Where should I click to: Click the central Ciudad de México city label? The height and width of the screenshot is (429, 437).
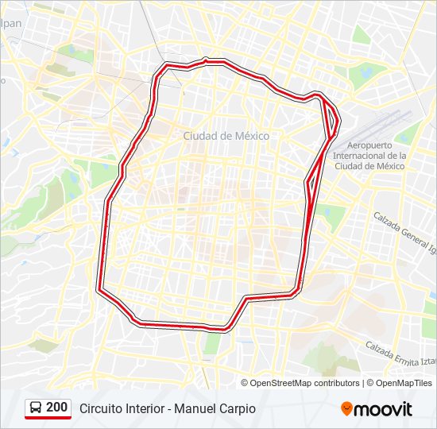[226, 136]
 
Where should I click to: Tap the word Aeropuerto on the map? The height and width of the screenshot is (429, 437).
[370, 145]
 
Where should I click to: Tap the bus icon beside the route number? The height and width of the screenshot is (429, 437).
[37, 408]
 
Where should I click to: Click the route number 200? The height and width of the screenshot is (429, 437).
[57, 408]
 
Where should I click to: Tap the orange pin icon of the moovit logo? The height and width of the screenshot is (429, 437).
[346, 409]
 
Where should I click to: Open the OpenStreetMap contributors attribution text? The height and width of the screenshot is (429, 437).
[304, 383]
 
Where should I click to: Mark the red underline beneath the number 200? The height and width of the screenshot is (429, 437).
[49, 418]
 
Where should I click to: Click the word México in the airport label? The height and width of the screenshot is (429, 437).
[387, 166]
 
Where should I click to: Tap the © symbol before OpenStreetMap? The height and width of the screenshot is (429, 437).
[245, 383]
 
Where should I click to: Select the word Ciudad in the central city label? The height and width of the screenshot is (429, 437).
[199, 136]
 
